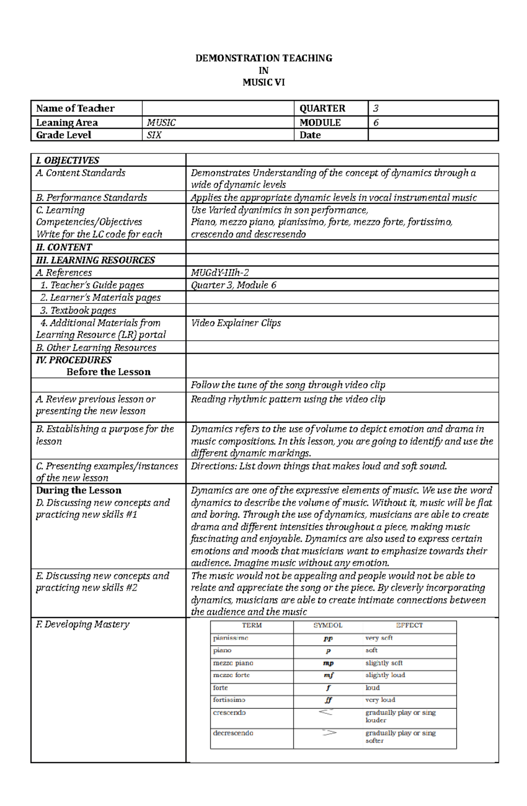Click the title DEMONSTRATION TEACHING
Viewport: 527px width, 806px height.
click(x=263, y=58)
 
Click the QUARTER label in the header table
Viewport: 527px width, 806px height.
click(x=322, y=108)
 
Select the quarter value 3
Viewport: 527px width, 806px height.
click(x=375, y=108)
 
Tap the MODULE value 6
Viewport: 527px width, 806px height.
click(x=375, y=123)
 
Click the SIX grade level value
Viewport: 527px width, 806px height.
click(x=154, y=135)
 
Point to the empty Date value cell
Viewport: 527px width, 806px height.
click(x=433, y=135)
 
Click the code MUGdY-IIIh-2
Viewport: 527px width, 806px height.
click(x=220, y=272)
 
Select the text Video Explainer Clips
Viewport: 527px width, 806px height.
click(x=236, y=323)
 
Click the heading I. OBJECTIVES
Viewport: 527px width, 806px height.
click(x=68, y=160)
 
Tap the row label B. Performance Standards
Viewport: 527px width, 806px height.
click(x=91, y=198)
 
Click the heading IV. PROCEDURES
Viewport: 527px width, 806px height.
click(x=74, y=360)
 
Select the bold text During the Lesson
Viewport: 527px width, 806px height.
click(x=79, y=490)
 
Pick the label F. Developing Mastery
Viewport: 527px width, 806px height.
click(x=83, y=624)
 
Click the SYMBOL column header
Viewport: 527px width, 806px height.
click(x=328, y=625)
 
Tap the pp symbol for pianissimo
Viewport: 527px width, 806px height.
click(x=328, y=638)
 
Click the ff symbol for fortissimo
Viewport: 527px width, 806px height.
click(x=328, y=700)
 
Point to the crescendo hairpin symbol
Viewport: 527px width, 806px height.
click(x=325, y=712)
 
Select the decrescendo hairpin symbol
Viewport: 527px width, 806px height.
click(x=329, y=732)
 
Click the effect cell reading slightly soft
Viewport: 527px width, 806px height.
click(x=384, y=663)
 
